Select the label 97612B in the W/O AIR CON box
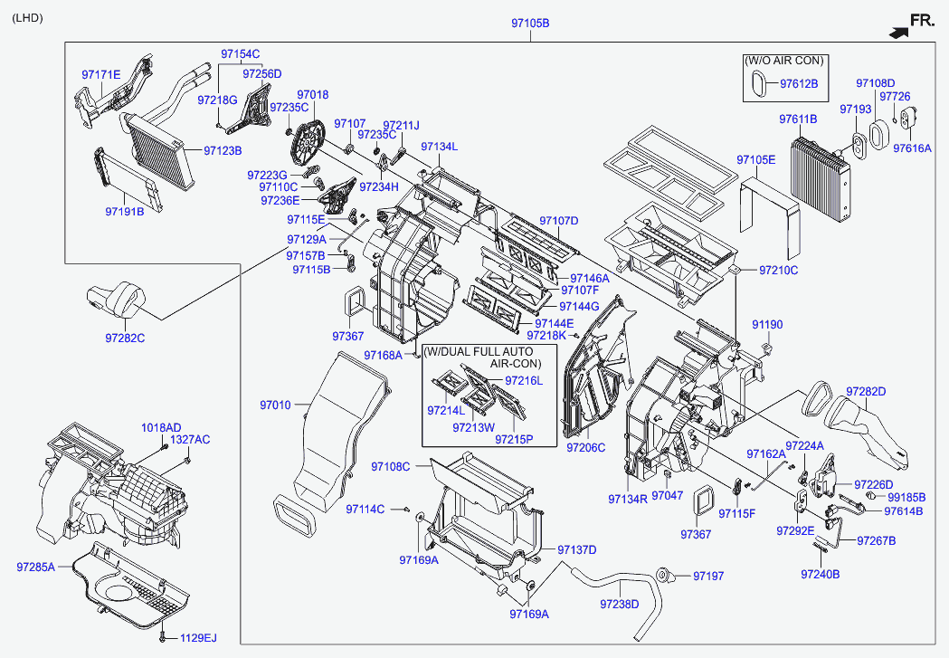(x=799, y=83)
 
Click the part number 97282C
(x=125, y=338)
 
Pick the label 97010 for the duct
(x=275, y=405)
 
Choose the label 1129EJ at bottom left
(x=197, y=638)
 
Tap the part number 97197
(x=709, y=576)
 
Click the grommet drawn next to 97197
(x=666, y=575)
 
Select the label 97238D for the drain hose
(x=620, y=604)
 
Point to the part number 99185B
(x=906, y=497)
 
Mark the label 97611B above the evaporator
(x=798, y=119)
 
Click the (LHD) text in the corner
(x=26, y=18)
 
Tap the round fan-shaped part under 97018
(x=310, y=143)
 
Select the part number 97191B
(x=124, y=212)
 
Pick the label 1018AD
(x=160, y=427)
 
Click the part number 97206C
(x=585, y=447)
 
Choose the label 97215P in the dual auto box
(x=514, y=439)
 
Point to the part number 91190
(x=767, y=324)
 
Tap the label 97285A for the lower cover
(x=35, y=567)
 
